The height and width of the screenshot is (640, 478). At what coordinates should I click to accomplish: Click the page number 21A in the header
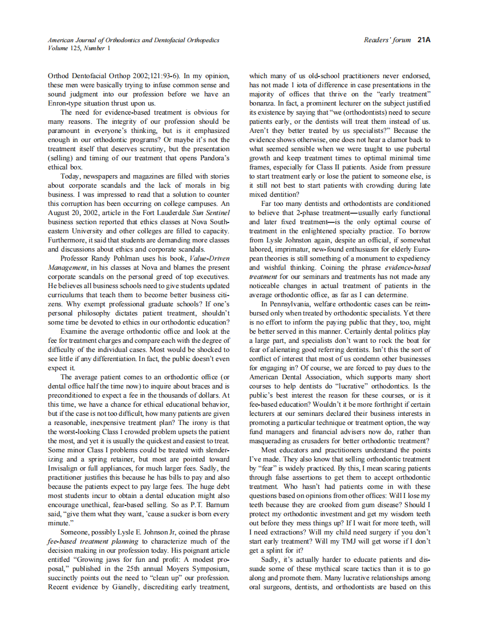pyautogui.click(x=424, y=40)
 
